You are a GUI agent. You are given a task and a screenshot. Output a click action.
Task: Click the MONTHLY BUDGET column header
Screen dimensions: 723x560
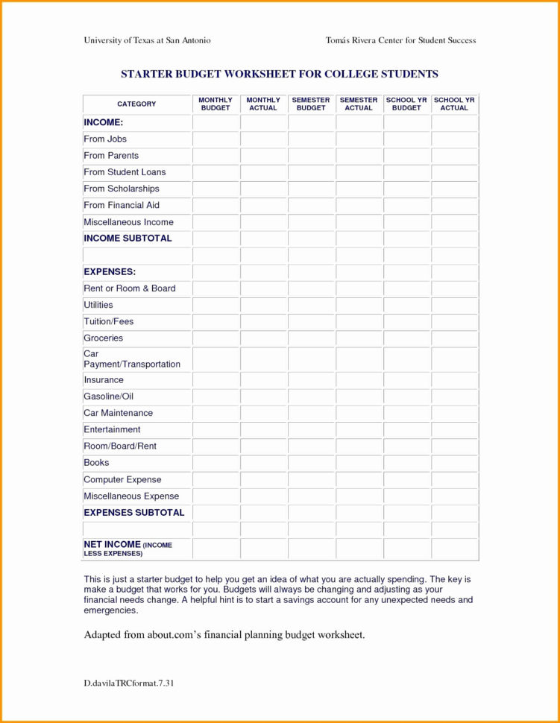[x=215, y=104]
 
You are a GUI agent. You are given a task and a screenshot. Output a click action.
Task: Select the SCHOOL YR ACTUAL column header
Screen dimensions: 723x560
[x=454, y=104]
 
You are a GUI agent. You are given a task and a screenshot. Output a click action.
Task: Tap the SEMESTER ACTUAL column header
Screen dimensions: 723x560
[x=359, y=104]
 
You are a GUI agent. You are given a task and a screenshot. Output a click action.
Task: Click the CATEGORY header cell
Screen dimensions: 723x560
[x=136, y=104]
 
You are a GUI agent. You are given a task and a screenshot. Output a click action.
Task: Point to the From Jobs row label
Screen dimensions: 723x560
[x=105, y=139]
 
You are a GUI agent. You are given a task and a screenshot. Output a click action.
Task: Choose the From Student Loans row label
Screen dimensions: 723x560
[x=125, y=172]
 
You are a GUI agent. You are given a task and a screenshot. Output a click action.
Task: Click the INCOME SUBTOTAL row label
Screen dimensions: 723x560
[x=128, y=239]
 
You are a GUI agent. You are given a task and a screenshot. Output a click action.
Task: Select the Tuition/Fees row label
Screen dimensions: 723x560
[x=108, y=321]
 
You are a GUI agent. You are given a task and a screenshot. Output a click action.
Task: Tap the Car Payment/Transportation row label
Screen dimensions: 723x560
[x=132, y=359]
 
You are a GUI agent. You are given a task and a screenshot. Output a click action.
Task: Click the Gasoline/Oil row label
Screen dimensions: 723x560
[x=108, y=397]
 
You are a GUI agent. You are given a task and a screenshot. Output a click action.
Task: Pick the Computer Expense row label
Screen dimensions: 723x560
[x=122, y=479]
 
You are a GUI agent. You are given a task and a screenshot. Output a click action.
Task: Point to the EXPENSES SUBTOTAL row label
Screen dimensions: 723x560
[x=133, y=513]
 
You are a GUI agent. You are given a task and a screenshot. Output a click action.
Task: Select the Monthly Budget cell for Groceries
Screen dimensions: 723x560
[x=215, y=338]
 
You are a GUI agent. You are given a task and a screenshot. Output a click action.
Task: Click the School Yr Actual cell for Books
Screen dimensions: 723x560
[x=454, y=463]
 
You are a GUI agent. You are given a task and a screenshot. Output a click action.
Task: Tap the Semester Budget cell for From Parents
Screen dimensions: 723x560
[x=311, y=156]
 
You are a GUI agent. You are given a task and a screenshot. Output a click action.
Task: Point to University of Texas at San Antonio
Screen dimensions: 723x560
[x=147, y=40]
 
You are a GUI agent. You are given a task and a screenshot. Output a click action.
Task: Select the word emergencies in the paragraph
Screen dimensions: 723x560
[x=110, y=610]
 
